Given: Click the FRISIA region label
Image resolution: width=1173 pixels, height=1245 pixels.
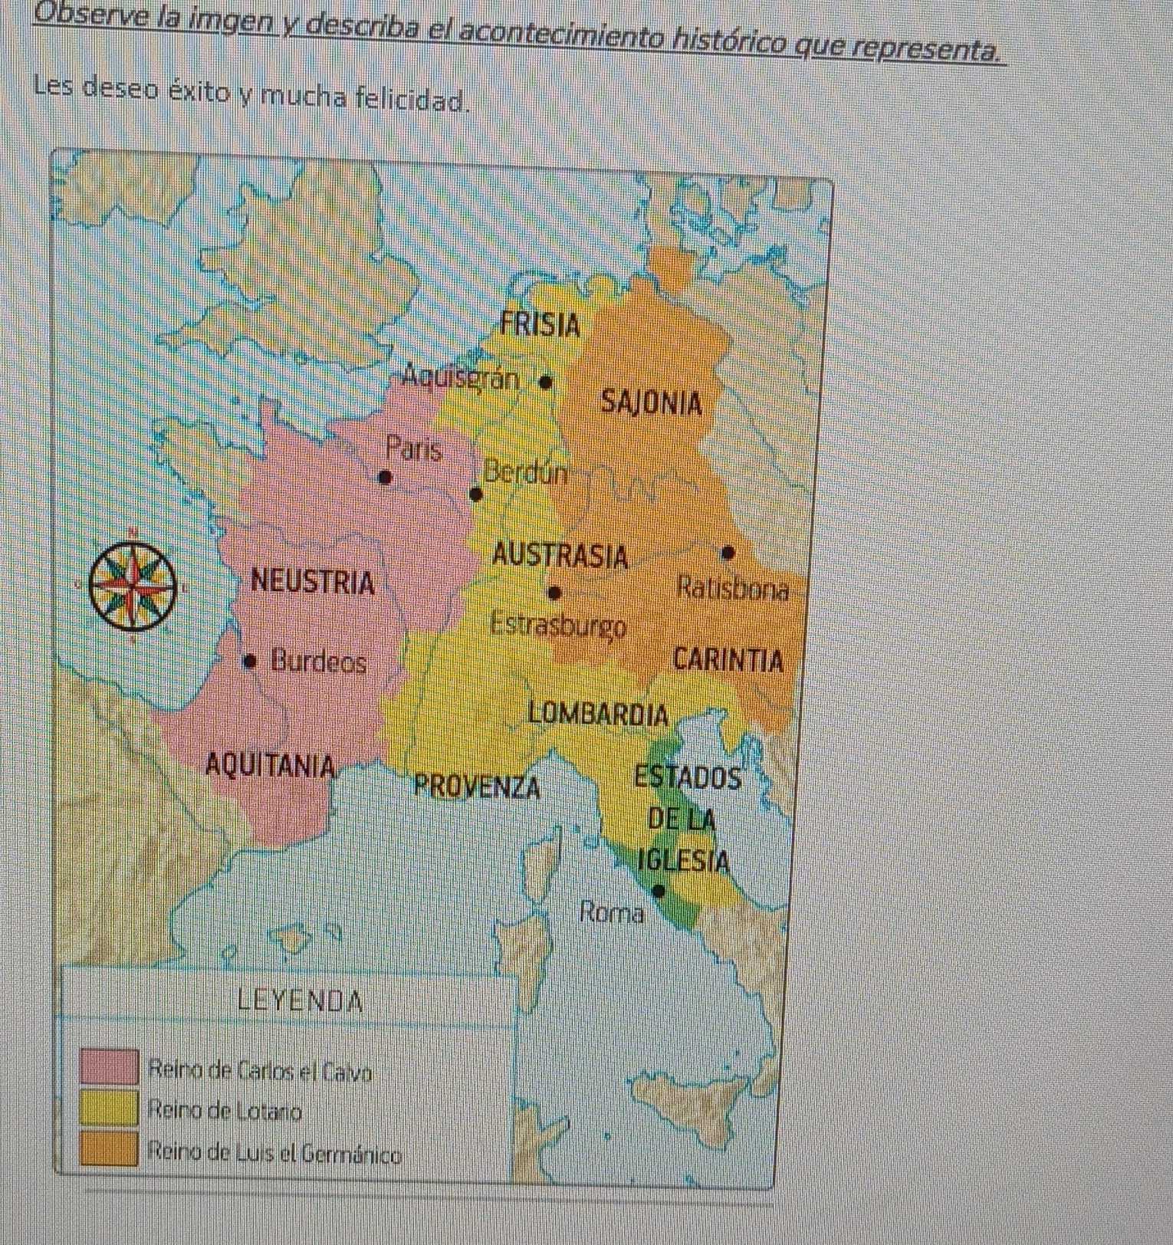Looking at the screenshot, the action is (x=540, y=324).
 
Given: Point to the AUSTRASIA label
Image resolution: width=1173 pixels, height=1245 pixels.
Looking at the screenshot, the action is (x=561, y=555).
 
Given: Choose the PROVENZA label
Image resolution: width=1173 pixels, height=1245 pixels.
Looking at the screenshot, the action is (x=476, y=786).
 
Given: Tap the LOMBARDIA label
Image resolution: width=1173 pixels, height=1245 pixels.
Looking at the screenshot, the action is (x=599, y=714).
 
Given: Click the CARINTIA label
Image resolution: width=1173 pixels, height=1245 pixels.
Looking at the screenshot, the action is (x=728, y=660).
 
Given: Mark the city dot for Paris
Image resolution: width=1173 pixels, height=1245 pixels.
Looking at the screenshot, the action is (x=386, y=478).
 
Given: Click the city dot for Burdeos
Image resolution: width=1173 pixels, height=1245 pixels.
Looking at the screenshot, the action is (x=250, y=662).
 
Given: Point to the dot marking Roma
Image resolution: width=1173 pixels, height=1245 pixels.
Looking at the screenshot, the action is (x=658, y=890).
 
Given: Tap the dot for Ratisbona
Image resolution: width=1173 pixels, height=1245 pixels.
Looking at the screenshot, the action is (x=728, y=550).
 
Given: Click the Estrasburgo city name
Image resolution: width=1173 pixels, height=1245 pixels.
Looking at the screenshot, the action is (x=558, y=625).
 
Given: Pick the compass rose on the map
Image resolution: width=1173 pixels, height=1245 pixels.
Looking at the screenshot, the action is (x=134, y=582).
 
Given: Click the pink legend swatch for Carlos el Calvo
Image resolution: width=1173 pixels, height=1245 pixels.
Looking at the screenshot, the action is (x=110, y=1068).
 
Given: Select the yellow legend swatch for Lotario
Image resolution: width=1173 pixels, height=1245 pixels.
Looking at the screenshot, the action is (x=110, y=1109).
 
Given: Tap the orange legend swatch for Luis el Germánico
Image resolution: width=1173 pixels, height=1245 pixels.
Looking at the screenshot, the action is (x=110, y=1150).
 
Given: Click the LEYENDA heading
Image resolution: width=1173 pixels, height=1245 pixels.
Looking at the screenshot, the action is (x=300, y=1000).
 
